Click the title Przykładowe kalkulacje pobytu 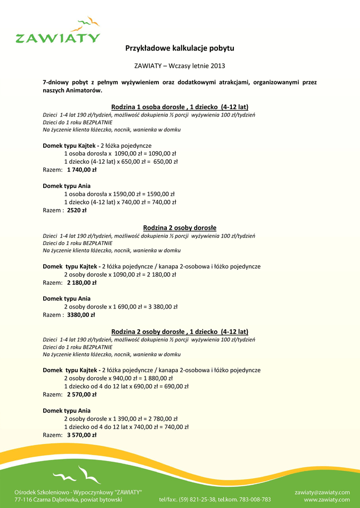tap(179, 48)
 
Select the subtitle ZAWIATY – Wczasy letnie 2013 tap(179, 65)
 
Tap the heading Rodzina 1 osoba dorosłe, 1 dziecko tap(180, 107)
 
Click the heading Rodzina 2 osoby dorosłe tap(180, 228)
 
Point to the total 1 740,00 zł tap(81, 170)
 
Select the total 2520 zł tap(77, 210)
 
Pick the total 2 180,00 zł tap(81, 283)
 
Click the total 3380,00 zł tap(81, 315)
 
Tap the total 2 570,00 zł tap(81, 394)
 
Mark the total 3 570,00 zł tap(81, 435)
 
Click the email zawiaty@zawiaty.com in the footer tap(322, 492)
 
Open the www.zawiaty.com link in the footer tap(327, 500)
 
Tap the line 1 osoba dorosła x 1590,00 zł tap(119, 194)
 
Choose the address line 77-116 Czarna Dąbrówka tap(69, 500)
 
